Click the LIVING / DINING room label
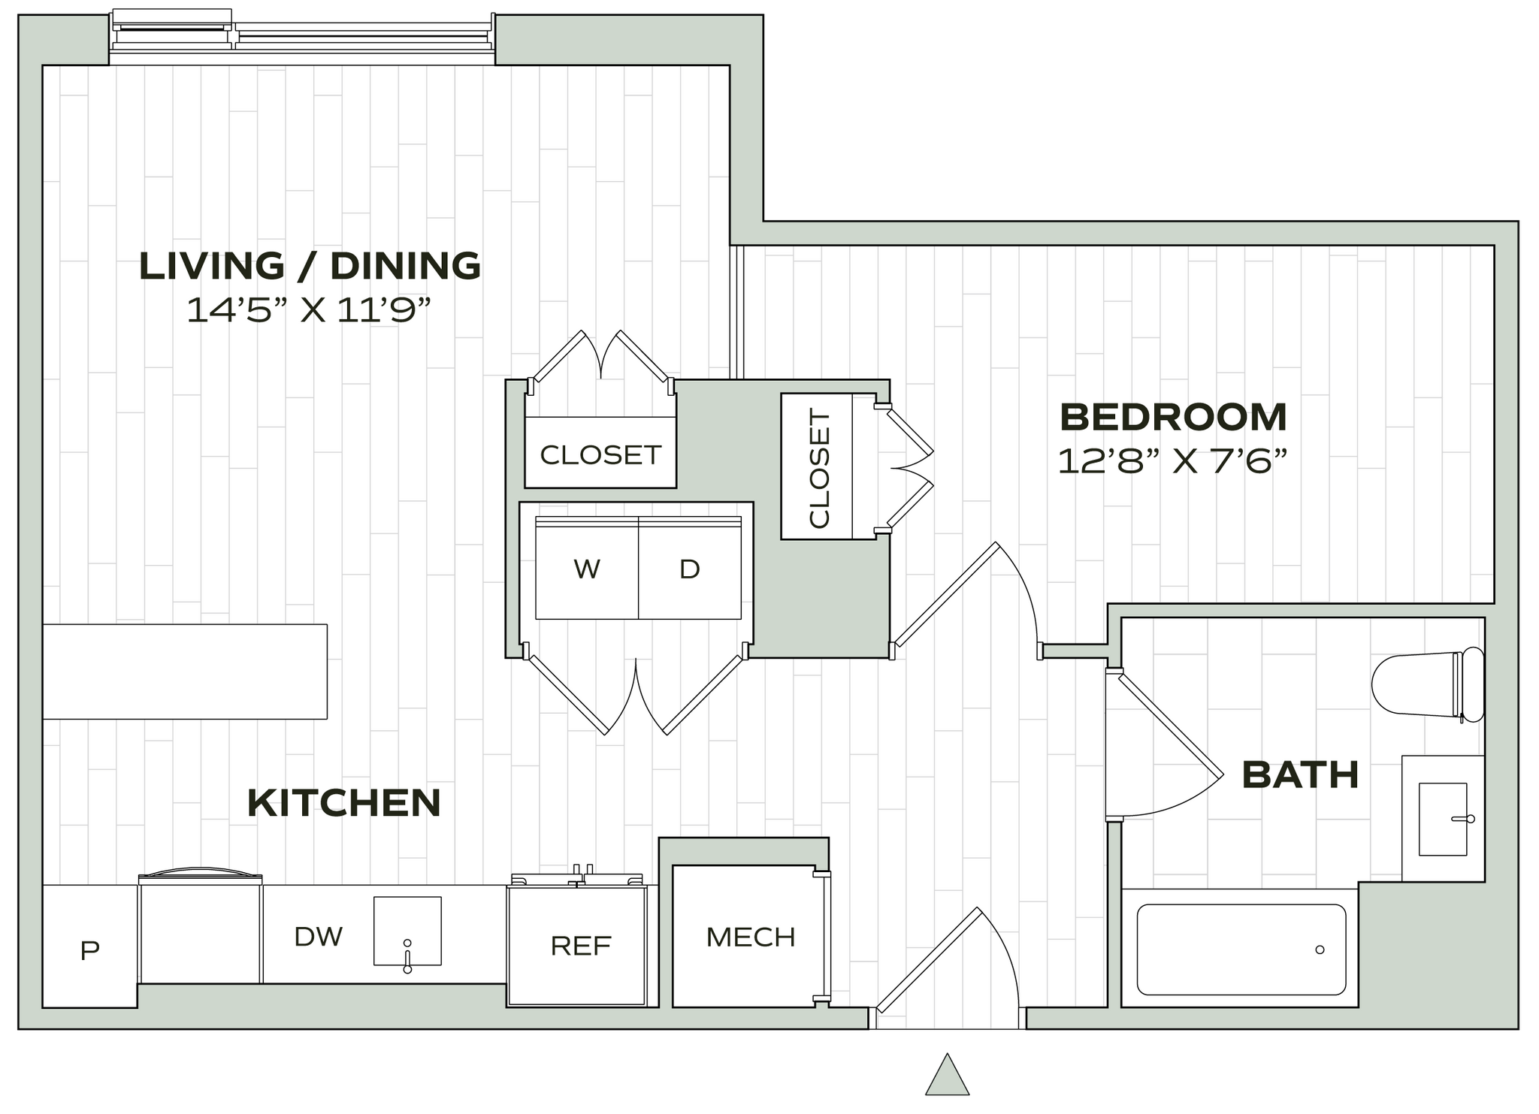[x=310, y=266]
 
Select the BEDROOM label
[x=1173, y=417]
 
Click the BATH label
[x=1301, y=774]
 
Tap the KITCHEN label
[x=344, y=803]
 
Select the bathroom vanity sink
[x=1442, y=819]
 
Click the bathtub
[x=1240, y=949]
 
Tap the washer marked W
[x=587, y=569]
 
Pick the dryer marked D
[x=690, y=569]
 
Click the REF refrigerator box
[x=580, y=945]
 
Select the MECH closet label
[x=750, y=937]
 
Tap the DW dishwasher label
[x=319, y=936]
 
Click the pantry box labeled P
[x=89, y=951]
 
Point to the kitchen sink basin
[x=407, y=930]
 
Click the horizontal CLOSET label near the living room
[x=600, y=454]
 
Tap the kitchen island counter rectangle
[x=185, y=671]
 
